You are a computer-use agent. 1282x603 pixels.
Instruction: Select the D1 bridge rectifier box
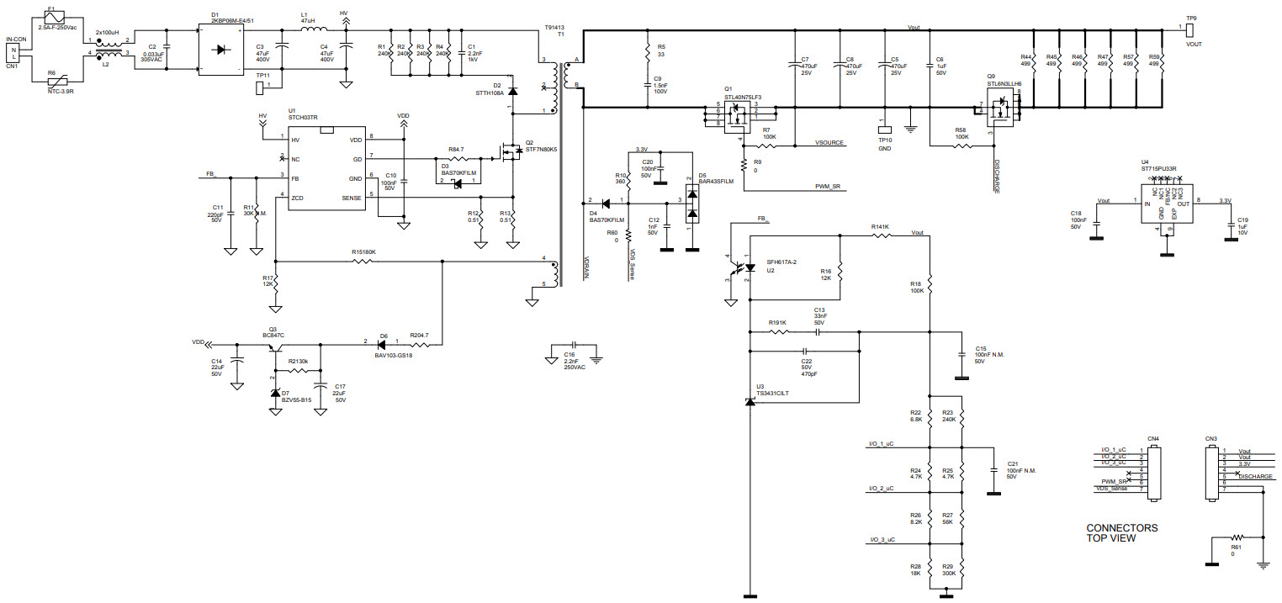click(222, 50)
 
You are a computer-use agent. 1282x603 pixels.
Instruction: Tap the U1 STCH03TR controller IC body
click(326, 168)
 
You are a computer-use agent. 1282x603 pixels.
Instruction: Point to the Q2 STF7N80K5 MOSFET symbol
click(510, 152)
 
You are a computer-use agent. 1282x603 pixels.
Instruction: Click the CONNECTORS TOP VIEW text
click(1121, 533)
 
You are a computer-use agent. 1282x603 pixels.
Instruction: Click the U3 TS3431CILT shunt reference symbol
click(750, 402)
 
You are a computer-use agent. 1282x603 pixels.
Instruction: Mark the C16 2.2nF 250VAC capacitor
click(573, 345)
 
